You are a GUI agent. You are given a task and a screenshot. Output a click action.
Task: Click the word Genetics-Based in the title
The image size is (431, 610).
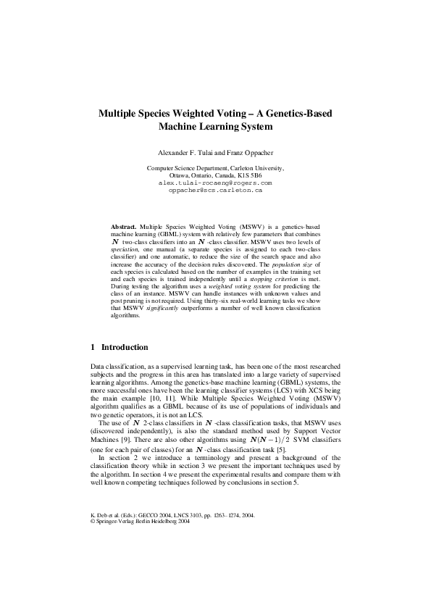pos(297,114)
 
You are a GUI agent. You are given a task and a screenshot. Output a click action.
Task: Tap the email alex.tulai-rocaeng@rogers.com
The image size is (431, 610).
pos(214,183)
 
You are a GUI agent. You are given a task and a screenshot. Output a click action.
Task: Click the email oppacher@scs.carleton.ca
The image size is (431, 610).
pos(214,190)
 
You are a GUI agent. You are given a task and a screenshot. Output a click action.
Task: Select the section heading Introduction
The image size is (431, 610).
pos(125,347)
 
